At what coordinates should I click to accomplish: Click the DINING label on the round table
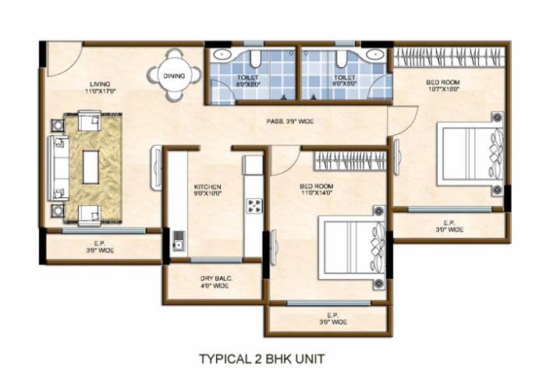click(174, 76)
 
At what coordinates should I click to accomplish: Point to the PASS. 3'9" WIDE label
click(290, 122)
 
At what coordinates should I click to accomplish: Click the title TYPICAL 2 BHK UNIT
click(261, 359)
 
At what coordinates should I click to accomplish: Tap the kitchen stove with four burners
click(253, 205)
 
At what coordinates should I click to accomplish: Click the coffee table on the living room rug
click(91, 167)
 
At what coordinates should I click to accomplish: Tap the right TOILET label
click(345, 82)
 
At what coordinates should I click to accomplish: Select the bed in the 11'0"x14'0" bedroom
click(351, 247)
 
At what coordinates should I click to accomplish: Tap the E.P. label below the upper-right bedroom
click(450, 226)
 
